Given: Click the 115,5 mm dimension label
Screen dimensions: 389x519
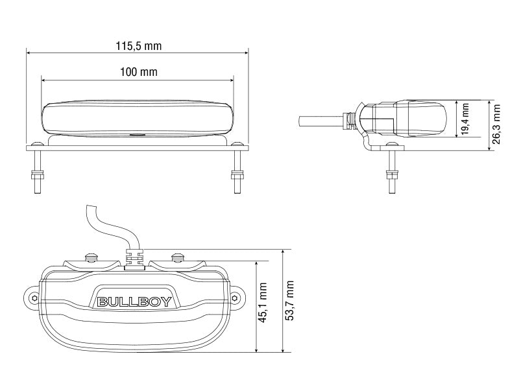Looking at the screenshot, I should (x=139, y=46).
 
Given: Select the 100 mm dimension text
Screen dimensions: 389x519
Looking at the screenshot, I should (x=139, y=72).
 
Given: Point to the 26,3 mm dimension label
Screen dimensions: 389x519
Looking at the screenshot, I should (x=498, y=124).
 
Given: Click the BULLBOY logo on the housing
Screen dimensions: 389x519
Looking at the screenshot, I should (x=134, y=301).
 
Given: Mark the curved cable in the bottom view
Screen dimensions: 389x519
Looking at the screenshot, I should (x=104, y=224).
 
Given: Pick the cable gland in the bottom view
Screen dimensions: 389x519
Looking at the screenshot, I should (x=134, y=257).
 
